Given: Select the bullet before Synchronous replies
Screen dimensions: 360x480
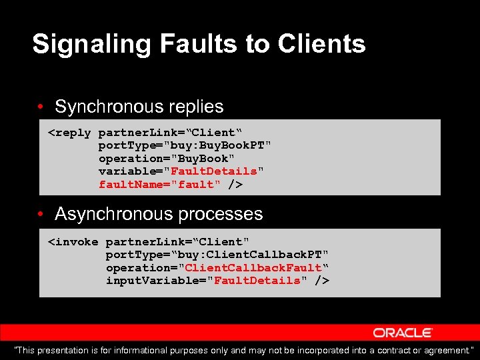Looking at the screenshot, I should click(41, 107).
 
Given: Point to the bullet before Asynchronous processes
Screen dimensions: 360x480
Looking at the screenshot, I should click(41, 215).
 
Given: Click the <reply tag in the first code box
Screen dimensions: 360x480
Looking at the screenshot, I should click(69, 133).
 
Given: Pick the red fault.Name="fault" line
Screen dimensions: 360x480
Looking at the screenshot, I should click(159, 185).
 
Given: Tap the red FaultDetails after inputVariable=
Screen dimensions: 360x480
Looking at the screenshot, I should click(257, 281).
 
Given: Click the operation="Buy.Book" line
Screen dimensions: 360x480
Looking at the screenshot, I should click(167, 159).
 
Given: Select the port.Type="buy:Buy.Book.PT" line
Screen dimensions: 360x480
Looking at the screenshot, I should click(185, 145).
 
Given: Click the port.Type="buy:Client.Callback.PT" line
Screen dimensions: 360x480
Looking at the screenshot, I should click(217, 255).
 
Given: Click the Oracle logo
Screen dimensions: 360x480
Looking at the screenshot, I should click(403, 333).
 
